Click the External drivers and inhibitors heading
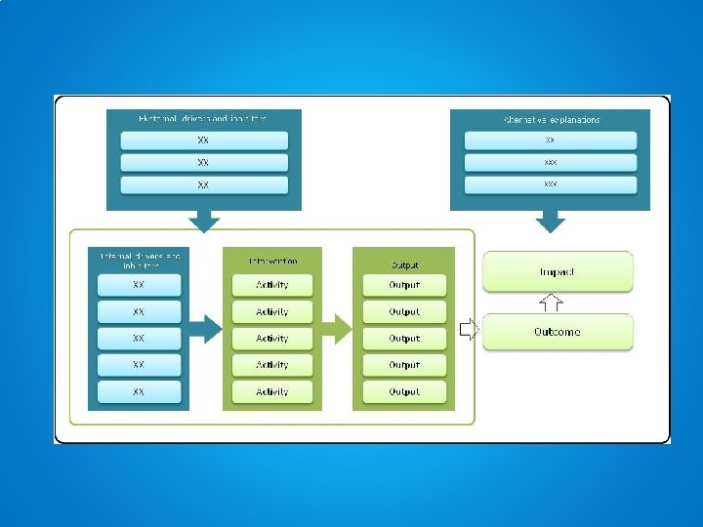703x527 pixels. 203,118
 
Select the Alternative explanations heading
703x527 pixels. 551,119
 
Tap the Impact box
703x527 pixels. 558,271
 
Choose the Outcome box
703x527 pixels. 558,332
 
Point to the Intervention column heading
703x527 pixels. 272,262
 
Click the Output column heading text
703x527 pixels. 404,263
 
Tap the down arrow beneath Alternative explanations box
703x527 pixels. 551,222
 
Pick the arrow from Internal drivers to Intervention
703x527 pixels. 204,329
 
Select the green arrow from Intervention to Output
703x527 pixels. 336,329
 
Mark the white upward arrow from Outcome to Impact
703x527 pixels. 552,302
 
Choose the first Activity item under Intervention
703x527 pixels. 272,285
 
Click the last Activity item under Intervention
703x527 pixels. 272,391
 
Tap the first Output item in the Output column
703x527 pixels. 404,285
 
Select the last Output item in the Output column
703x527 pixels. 404,391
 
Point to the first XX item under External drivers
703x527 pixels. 203,141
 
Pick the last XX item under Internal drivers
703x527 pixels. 139,391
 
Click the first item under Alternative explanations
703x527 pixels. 551,141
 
